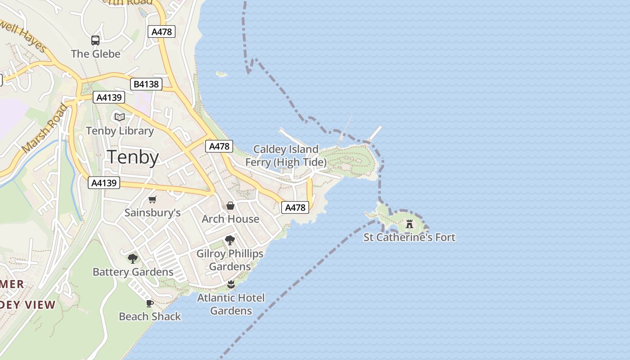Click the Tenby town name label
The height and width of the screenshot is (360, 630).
coord(133,157)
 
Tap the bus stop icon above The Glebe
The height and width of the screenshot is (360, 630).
coord(95,40)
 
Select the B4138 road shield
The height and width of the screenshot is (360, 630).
coord(146,84)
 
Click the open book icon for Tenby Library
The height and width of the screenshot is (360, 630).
coord(119,117)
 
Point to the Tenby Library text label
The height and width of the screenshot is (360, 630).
coord(120,131)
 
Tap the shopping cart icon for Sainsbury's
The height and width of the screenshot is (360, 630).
coord(153,199)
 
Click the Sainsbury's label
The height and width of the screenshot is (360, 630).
coord(153,212)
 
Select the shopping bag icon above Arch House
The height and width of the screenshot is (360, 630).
coord(230,206)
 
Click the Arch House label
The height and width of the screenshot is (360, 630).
coord(230,219)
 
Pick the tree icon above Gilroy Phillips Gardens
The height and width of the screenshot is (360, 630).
coord(230,240)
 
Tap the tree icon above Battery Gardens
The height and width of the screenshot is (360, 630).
coord(133,258)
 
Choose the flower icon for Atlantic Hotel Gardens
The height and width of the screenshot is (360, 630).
coord(231,284)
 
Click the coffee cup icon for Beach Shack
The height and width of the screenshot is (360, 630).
coord(150,303)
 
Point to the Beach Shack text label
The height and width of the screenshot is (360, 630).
coord(150,316)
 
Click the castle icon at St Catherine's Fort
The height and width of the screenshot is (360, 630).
coord(409,224)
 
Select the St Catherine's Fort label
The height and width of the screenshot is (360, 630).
coord(409,237)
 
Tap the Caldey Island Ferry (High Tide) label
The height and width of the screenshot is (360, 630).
coord(286,156)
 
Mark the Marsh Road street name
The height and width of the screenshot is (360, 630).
coord(45,128)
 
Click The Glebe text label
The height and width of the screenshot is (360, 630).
coord(96,54)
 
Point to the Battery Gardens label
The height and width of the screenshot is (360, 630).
coord(133,272)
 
